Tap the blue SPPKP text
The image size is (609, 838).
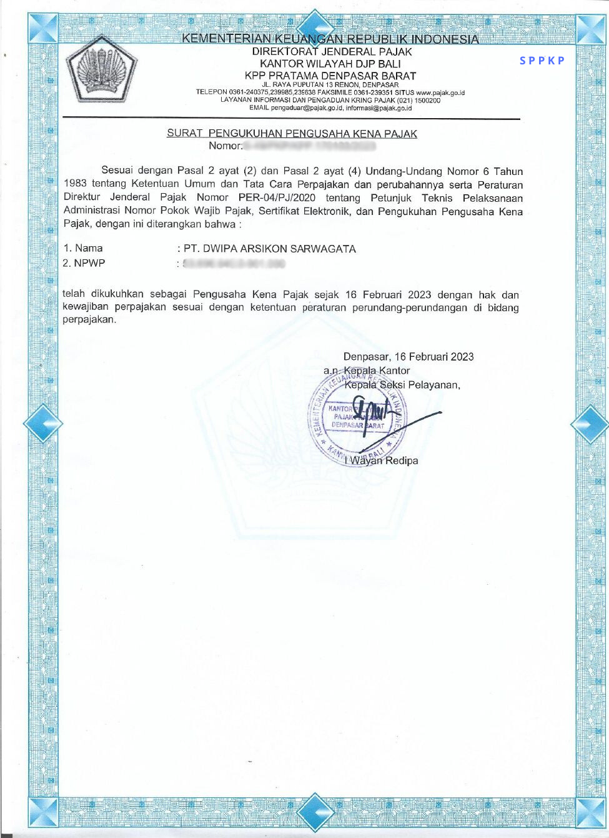pos(542,61)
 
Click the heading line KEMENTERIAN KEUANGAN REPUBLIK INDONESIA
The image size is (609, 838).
pos(330,39)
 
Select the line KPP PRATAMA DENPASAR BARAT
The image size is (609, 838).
pos(330,76)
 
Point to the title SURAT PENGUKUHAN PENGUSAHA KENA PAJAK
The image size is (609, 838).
pos(292,133)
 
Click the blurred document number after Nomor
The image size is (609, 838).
pos(309,146)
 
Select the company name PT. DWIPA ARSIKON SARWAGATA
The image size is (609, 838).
pos(270,249)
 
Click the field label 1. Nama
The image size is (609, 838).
pos(82,249)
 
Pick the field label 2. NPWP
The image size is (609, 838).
pos(84,263)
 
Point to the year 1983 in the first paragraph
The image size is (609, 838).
pos(75,184)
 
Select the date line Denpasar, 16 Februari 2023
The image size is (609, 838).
pos(408,357)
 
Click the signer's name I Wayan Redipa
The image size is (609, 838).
pos(382,461)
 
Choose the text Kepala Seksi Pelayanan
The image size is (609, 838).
pos(402,385)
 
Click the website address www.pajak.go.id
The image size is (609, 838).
pos(440,92)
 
